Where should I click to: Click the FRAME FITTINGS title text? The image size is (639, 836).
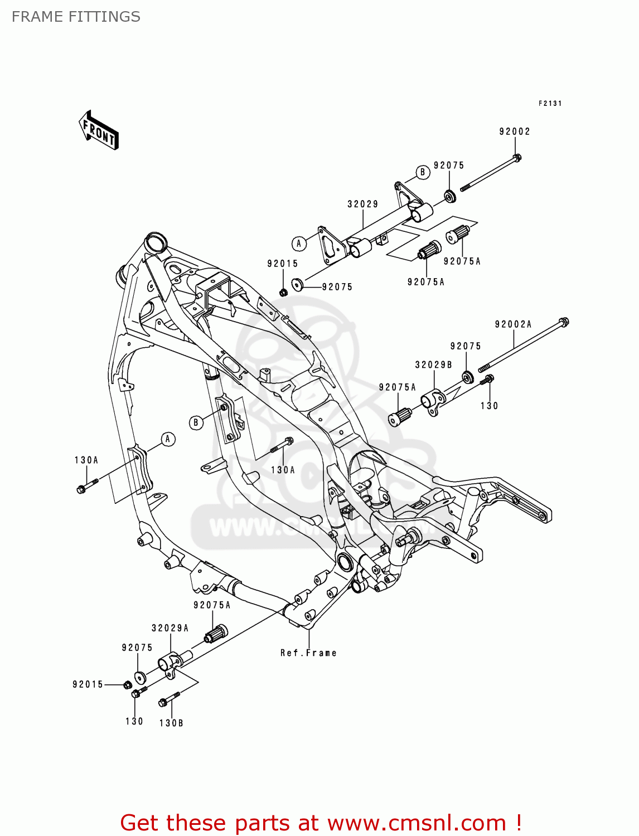click(76, 17)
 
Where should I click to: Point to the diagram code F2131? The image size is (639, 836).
click(550, 103)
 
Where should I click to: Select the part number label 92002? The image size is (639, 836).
click(514, 132)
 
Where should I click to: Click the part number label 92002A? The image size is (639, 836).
click(513, 324)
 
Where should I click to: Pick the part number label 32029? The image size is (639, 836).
click(363, 204)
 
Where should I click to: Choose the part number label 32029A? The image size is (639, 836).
click(170, 628)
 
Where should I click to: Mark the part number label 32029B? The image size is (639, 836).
click(433, 364)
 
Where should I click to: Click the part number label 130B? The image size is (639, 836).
click(171, 723)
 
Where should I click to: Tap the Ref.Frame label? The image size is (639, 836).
click(308, 653)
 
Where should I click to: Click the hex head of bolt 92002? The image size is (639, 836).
click(517, 158)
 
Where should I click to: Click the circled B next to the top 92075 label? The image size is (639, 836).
click(422, 172)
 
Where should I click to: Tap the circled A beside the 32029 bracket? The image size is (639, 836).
click(299, 243)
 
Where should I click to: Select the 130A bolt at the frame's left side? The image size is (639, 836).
click(82, 489)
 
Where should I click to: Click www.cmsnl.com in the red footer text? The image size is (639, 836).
click(416, 823)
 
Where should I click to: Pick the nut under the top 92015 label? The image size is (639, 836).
click(283, 292)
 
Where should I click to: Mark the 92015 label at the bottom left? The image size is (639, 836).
click(88, 684)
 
